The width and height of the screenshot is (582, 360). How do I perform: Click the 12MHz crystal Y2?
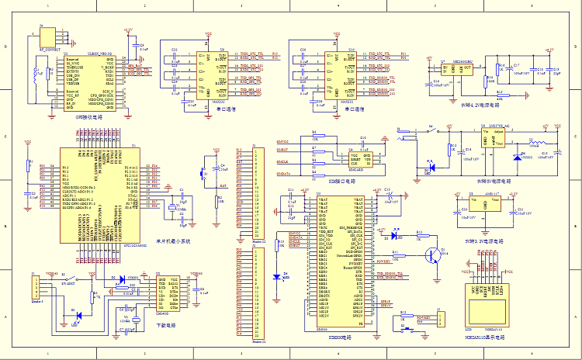pyautogui.click(x=136, y=320)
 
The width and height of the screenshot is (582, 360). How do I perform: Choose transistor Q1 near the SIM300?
pyautogui.click(x=440, y=253)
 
